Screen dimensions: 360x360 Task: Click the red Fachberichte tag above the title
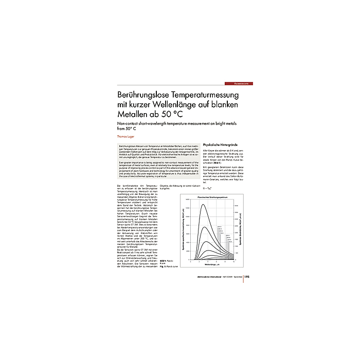click(240, 83)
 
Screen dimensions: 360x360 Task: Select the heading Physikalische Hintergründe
click(223, 145)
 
